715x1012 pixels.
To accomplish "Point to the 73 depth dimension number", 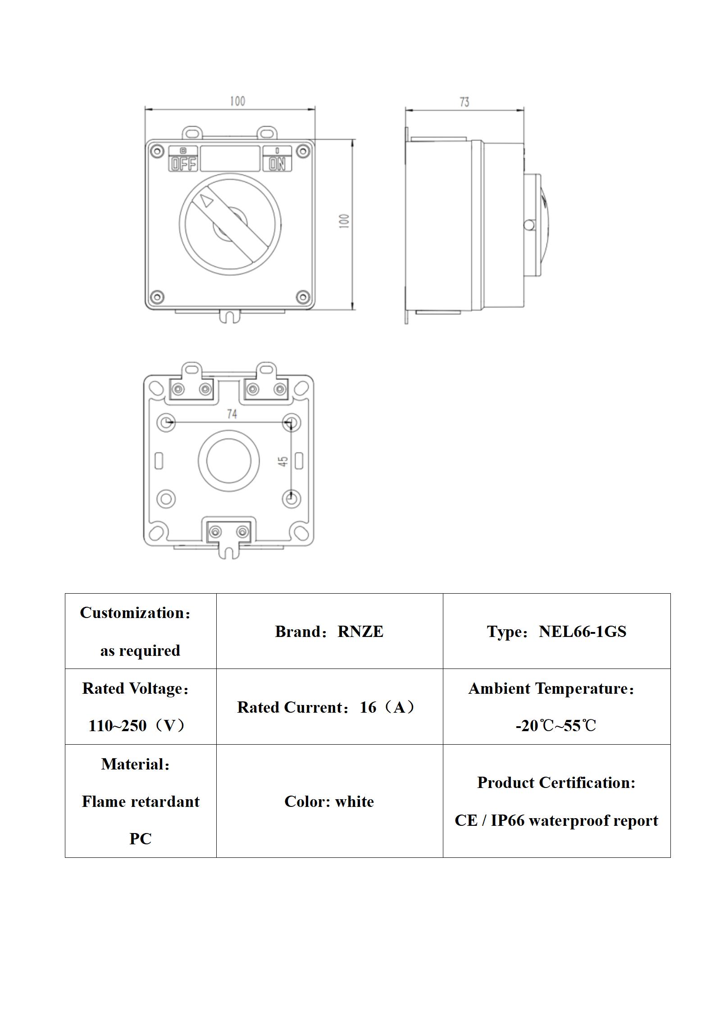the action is [x=465, y=102].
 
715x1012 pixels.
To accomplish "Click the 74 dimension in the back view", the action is [x=232, y=414].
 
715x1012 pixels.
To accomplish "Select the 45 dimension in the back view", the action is [x=283, y=462].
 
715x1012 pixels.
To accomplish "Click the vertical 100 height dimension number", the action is [x=344, y=221].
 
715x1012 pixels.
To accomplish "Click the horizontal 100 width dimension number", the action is [x=237, y=101].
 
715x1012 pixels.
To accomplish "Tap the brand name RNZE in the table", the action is [x=360, y=632].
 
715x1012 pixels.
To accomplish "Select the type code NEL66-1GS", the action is [x=583, y=632].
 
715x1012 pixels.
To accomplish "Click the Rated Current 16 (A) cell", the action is [x=326, y=707].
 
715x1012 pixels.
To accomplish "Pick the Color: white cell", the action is [x=329, y=801].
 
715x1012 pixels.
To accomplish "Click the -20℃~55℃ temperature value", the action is [x=556, y=726].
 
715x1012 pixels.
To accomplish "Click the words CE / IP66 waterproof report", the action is [x=556, y=820].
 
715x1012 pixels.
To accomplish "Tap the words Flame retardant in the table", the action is [x=141, y=801].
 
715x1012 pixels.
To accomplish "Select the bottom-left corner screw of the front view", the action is [x=157, y=297].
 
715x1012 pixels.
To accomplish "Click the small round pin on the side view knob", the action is [x=529, y=224].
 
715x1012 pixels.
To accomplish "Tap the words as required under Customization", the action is [x=140, y=650].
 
